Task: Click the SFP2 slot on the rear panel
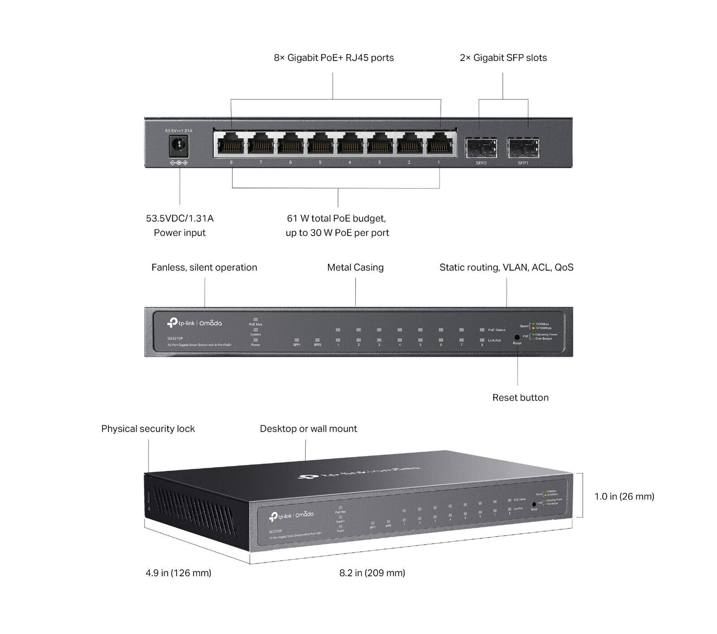click(481, 147)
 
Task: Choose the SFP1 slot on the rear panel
click(523, 147)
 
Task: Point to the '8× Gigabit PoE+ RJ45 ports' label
click(333, 58)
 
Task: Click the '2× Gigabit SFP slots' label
click(503, 58)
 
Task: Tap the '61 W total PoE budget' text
click(336, 218)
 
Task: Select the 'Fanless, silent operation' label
click(204, 267)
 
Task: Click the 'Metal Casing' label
click(355, 267)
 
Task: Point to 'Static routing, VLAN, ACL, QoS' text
click(506, 267)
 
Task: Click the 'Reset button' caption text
click(520, 397)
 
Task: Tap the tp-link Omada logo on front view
click(195, 323)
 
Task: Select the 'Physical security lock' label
click(148, 429)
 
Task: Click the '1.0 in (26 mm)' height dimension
click(624, 496)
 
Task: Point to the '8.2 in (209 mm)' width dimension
click(372, 573)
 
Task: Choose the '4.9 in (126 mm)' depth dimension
click(178, 573)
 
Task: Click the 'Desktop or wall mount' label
click(308, 429)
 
